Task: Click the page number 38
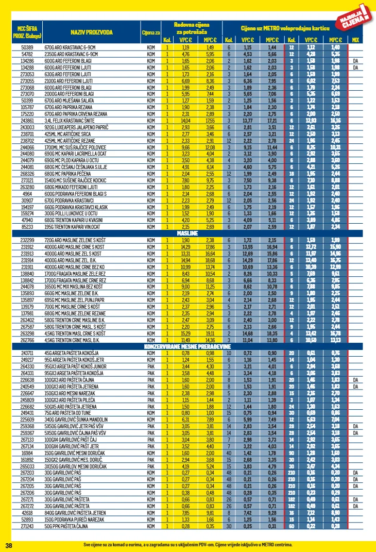pyautogui.click(x=8, y=545)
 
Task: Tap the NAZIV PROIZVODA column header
pyautogui.click(x=93, y=32)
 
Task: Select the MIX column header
pyautogui.click(x=355, y=40)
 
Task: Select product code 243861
pyautogui.click(x=27, y=120)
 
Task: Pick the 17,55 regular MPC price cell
pyautogui.click(x=210, y=120)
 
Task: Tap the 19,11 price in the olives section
pyautogui.click(x=210, y=333)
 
